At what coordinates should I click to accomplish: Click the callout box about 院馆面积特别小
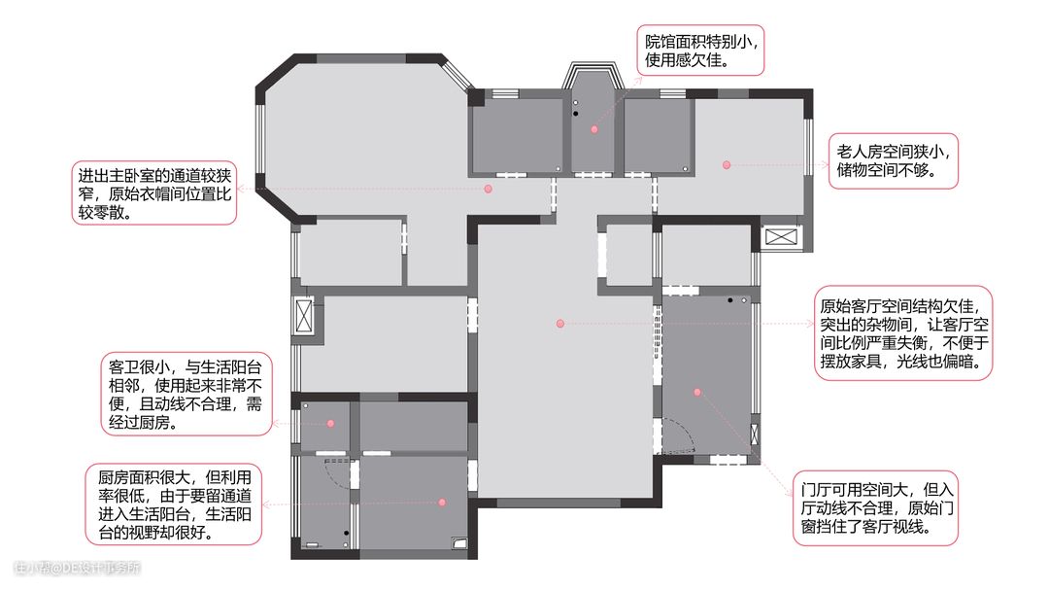(x=699, y=51)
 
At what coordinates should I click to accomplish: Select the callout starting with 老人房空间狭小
(x=894, y=160)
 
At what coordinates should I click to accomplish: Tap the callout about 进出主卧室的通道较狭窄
(x=153, y=193)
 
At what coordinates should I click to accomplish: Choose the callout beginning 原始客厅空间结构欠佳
(x=903, y=333)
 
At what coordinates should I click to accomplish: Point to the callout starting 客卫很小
(x=186, y=395)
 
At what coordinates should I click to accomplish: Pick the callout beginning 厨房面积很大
(x=173, y=504)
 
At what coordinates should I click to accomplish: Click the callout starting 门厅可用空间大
(x=876, y=508)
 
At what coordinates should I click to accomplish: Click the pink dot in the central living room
(x=560, y=324)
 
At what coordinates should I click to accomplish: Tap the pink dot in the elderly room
(x=727, y=164)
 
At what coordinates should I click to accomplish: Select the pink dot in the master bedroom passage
(x=489, y=190)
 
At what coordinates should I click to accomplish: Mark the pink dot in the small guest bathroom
(x=330, y=424)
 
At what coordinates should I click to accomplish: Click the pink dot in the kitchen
(x=442, y=502)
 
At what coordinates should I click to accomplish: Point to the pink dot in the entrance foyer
(x=697, y=392)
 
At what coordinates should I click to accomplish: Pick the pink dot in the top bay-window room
(x=594, y=129)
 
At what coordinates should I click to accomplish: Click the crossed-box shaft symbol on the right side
(x=781, y=236)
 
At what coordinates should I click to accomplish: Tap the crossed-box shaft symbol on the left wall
(x=304, y=315)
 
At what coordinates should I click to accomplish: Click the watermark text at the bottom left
(x=78, y=569)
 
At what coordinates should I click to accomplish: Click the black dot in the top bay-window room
(x=575, y=114)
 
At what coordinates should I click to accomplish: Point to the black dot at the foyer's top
(x=730, y=300)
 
